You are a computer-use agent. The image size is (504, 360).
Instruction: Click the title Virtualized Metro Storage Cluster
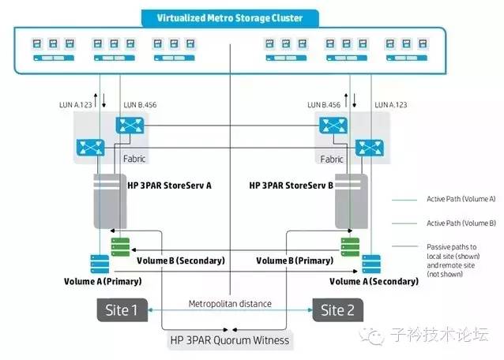[x=228, y=17]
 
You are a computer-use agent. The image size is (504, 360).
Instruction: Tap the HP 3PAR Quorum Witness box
[x=230, y=340]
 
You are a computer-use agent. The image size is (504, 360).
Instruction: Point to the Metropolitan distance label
[x=230, y=304]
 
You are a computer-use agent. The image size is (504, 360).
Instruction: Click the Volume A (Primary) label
[x=100, y=280]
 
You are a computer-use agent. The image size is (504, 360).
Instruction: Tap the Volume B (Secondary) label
[x=181, y=260]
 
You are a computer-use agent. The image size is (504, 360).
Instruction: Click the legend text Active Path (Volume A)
[x=446, y=200]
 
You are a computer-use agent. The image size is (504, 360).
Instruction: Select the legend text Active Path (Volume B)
[x=446, y=223]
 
